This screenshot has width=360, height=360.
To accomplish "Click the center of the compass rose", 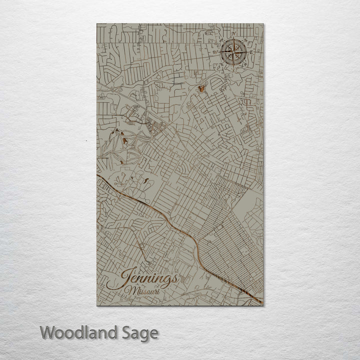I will coord(233,50).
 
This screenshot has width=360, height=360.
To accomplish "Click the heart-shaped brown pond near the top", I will coord(201,88).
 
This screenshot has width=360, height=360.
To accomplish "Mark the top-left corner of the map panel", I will coord(96,23).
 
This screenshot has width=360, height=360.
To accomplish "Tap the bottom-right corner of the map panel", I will coord(263,305).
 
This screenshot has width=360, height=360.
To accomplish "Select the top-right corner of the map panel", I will coord(263,23).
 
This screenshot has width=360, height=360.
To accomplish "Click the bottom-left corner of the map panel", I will coord(96,305).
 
